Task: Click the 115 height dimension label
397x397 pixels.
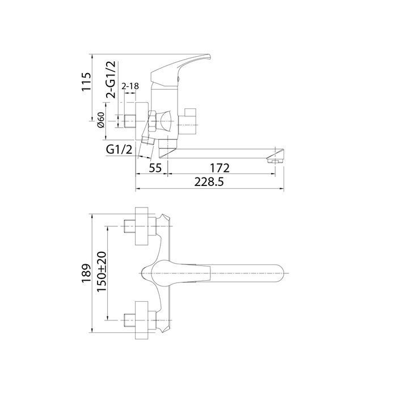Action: tap(86, 82)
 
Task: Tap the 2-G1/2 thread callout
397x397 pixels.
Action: tap(111, 79)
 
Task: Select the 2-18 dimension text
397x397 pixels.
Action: tap(130, 86)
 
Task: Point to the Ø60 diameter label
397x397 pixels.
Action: tap(101, 120)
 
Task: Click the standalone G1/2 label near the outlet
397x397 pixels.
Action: tap(119, 150)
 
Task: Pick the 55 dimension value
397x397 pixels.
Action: tap(155, 168)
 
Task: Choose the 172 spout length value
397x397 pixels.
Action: tap(219, 168)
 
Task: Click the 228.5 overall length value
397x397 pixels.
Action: tap(209, 182)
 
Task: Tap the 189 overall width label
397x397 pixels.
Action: tap(86, 273)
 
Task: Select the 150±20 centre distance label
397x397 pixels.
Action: tap(102, 272)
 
